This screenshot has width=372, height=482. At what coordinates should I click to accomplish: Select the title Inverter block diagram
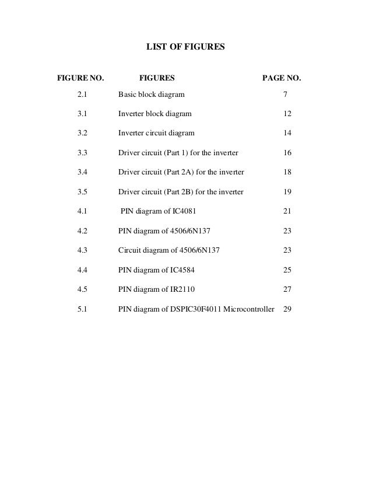(x=154, y=114)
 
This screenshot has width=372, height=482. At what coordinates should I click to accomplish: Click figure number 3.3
(x=82, y=153)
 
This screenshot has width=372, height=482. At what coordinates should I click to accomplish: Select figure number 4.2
(x=82, y=230)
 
